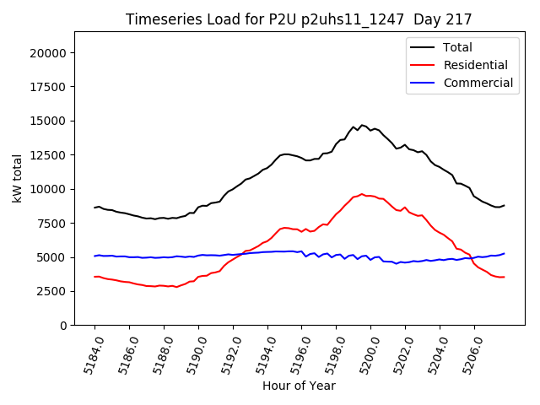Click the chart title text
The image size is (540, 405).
point(299,19)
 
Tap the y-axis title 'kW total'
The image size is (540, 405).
point(18,178)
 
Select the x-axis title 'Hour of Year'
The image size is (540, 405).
point(299,386)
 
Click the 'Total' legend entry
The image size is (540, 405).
point(457,47)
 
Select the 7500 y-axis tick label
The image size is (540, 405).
point(53,223)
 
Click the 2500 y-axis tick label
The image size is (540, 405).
point(53,291)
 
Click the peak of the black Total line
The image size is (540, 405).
point(362,125)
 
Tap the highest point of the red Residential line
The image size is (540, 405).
point(362,193)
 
